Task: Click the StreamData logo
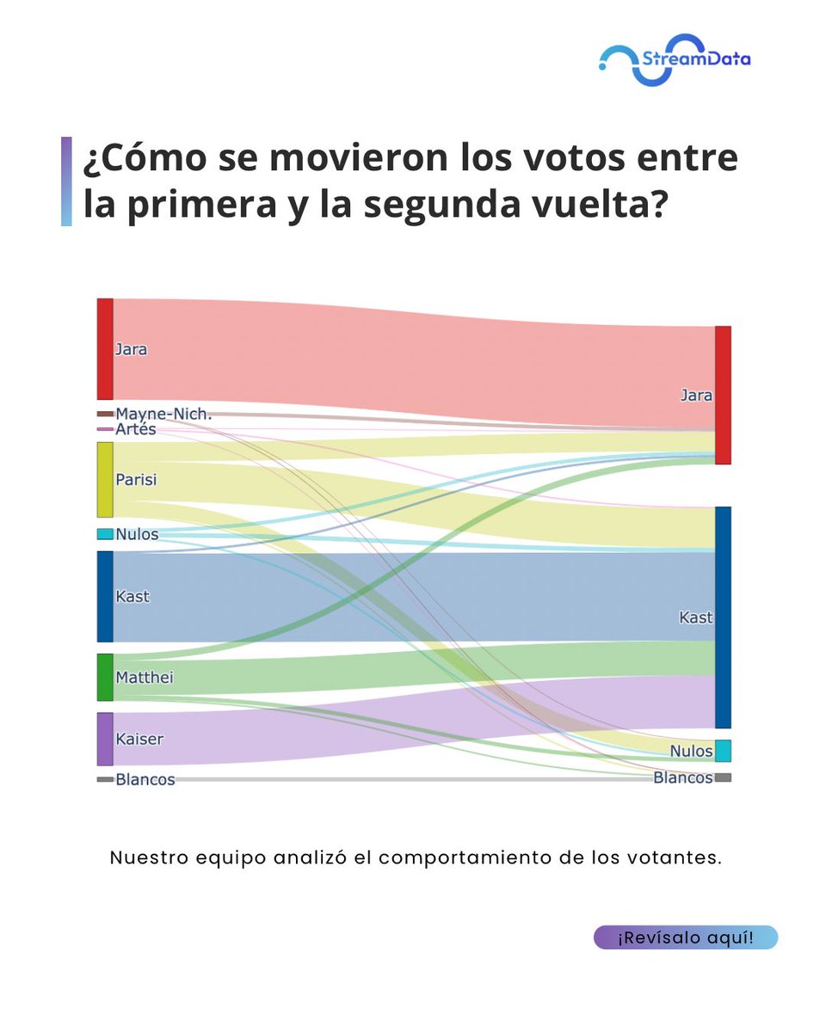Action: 675,59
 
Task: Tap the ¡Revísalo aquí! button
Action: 685,937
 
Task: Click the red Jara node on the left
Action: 105,349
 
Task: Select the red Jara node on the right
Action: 723,395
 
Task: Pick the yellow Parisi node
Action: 105,479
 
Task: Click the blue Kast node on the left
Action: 105,596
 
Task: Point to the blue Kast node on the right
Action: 723,617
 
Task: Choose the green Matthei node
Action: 105,677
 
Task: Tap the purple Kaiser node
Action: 105,739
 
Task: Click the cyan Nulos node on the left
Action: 105,534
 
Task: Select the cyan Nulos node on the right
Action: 723,751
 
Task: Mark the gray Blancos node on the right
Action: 723,777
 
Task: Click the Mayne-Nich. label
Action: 163,415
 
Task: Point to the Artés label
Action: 136,429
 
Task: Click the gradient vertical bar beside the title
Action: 66,181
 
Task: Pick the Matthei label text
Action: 145,678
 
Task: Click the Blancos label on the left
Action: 145,780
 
